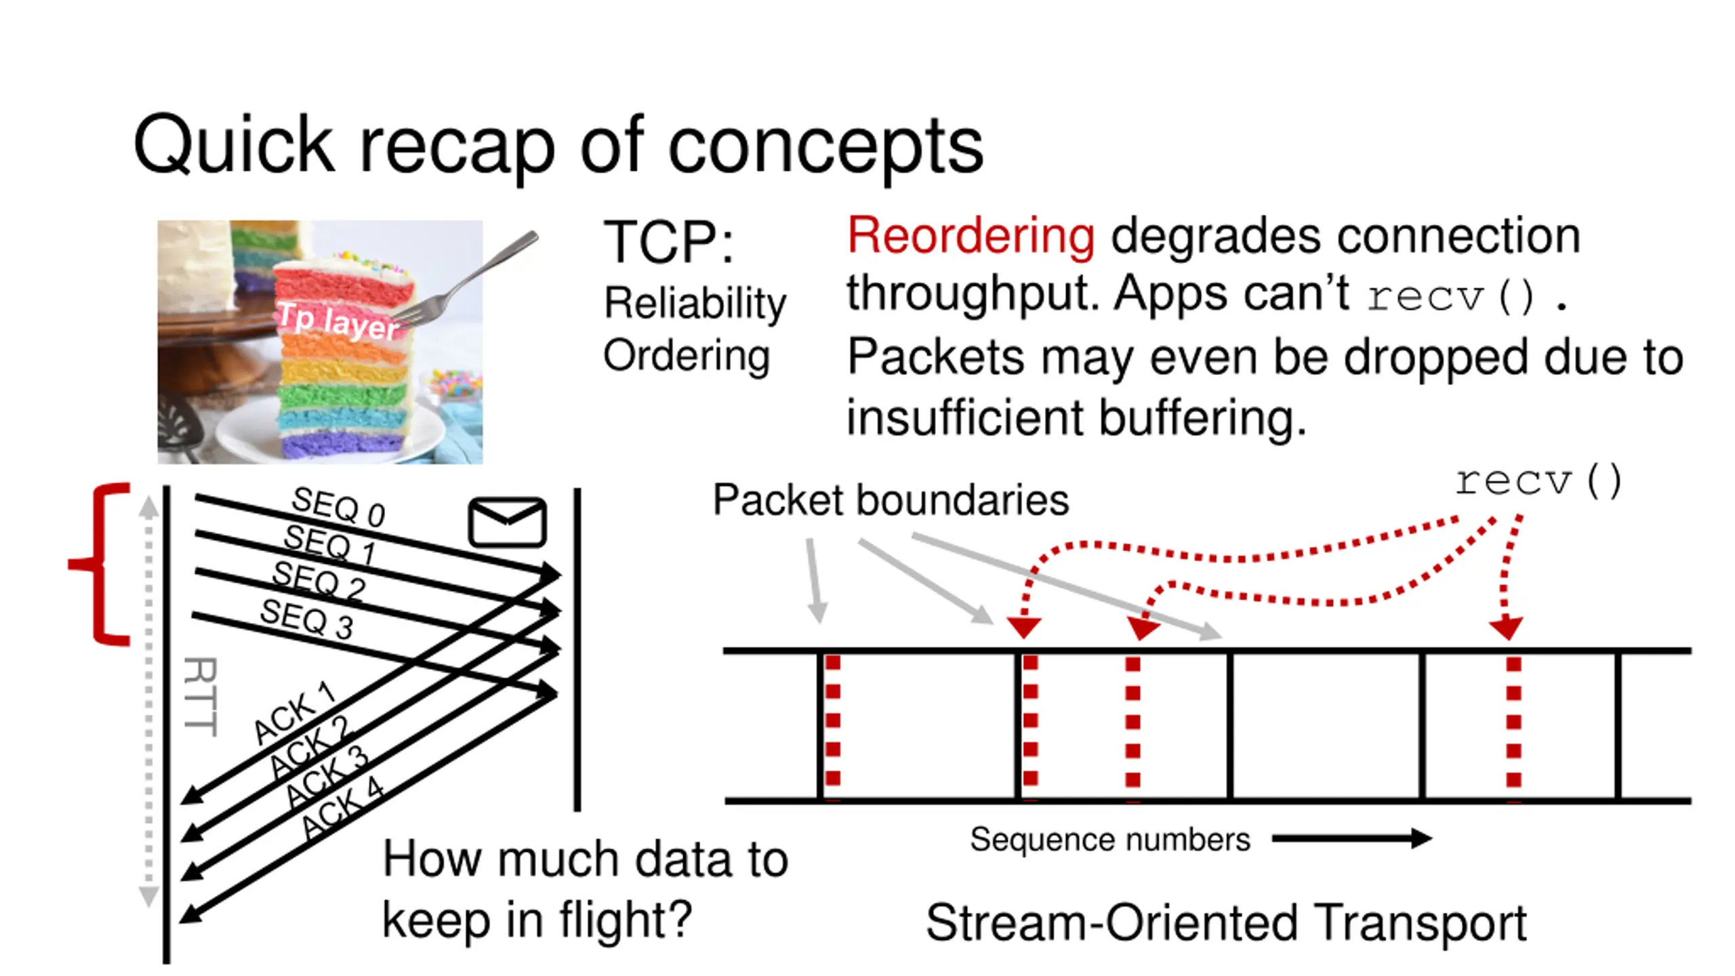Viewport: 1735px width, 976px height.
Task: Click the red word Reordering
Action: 970,235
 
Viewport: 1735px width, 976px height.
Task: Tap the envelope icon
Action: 507,522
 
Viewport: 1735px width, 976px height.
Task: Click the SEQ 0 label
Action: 338,506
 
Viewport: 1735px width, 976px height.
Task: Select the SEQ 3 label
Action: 306,618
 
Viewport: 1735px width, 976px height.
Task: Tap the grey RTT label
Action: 201,697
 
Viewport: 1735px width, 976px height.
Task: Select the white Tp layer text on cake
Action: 338,321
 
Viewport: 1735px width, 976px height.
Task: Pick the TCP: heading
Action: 668,242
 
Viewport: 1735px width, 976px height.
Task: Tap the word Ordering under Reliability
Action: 687,355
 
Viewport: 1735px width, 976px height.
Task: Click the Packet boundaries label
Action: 891,500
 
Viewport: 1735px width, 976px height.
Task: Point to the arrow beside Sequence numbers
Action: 1351,838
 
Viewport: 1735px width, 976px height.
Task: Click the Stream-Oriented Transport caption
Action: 1226,922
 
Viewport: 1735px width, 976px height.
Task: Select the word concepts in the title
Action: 825,145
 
